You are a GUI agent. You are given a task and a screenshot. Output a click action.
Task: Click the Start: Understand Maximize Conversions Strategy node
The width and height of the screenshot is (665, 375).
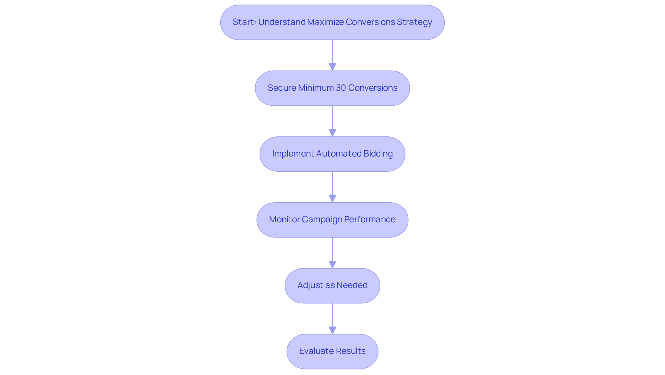click(332, 22)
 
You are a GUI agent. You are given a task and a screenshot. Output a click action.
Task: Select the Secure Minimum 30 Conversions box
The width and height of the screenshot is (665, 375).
click(332, 88)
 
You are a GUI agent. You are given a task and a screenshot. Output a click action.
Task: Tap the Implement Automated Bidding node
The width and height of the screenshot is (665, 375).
click(332, 154)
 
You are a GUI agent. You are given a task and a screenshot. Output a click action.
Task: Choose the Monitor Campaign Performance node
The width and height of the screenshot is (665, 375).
click(332, 220)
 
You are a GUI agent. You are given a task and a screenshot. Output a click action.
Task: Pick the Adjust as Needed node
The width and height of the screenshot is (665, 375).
click(332, 285)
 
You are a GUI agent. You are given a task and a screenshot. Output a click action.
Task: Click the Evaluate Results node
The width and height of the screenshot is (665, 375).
click(332, 351)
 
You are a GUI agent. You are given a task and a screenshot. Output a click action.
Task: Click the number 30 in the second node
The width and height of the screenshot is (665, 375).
click(341, 88)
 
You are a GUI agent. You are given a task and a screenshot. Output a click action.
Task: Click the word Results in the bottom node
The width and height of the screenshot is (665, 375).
click(352, 351)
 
